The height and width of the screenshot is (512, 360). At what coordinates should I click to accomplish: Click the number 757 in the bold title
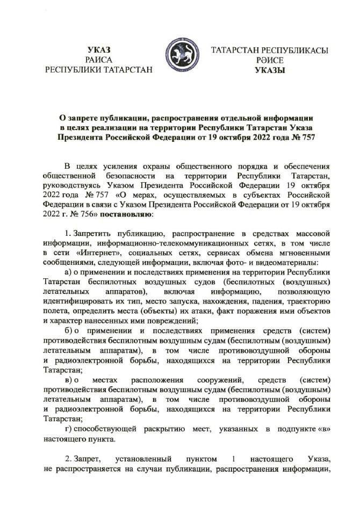pos(305,137)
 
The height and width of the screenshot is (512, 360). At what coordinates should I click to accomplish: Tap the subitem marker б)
pos(68,331)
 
